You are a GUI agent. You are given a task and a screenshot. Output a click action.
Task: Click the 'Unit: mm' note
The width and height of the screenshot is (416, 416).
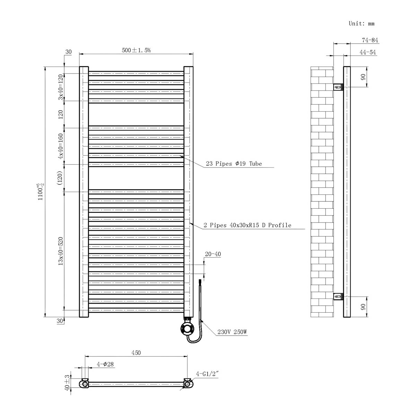click(x=361, y=24)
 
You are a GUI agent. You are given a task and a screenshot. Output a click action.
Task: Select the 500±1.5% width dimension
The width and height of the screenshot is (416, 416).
click(x=136, y=50)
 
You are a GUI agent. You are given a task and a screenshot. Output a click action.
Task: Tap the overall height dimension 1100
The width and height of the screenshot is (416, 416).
click(x=41, y=192)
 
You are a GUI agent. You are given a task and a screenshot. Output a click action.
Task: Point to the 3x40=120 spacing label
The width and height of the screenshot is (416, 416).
click(x=61, y=87)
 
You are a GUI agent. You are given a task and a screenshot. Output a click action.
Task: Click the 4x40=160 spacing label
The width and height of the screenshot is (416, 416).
click(x=61, y=146)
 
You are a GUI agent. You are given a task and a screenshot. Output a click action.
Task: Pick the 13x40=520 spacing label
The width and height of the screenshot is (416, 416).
click(x=61, y=251)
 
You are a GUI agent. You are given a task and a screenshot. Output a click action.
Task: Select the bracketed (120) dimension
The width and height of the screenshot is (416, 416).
click(x=61, y=178)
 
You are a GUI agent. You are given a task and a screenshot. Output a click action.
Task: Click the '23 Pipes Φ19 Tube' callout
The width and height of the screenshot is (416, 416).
click(x=234, y=164)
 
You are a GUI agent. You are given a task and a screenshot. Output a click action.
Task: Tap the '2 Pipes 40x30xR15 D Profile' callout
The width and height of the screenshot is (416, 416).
click(x=247, y=225)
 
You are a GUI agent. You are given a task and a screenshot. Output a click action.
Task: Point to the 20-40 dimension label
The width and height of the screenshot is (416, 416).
click(x=213, y=254)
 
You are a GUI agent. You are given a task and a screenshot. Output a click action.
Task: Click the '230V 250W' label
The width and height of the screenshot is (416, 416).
click(x=232, y=332)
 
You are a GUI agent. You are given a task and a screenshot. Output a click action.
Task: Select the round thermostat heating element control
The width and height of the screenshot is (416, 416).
click(x=187, y=328)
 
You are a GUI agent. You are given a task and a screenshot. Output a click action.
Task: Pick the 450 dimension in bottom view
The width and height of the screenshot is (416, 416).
click(x=136, y=353)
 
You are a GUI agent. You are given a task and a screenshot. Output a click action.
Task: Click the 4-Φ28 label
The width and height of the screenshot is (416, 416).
click(x=105, y=364)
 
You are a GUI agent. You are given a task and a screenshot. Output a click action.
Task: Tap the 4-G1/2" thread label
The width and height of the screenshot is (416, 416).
click(x=207, y=374)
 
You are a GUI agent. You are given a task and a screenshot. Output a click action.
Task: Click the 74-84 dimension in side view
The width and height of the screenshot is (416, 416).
click(x=370, y=40)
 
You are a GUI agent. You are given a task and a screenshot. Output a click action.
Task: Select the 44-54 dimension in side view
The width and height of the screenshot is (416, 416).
click(x=367, y=52)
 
